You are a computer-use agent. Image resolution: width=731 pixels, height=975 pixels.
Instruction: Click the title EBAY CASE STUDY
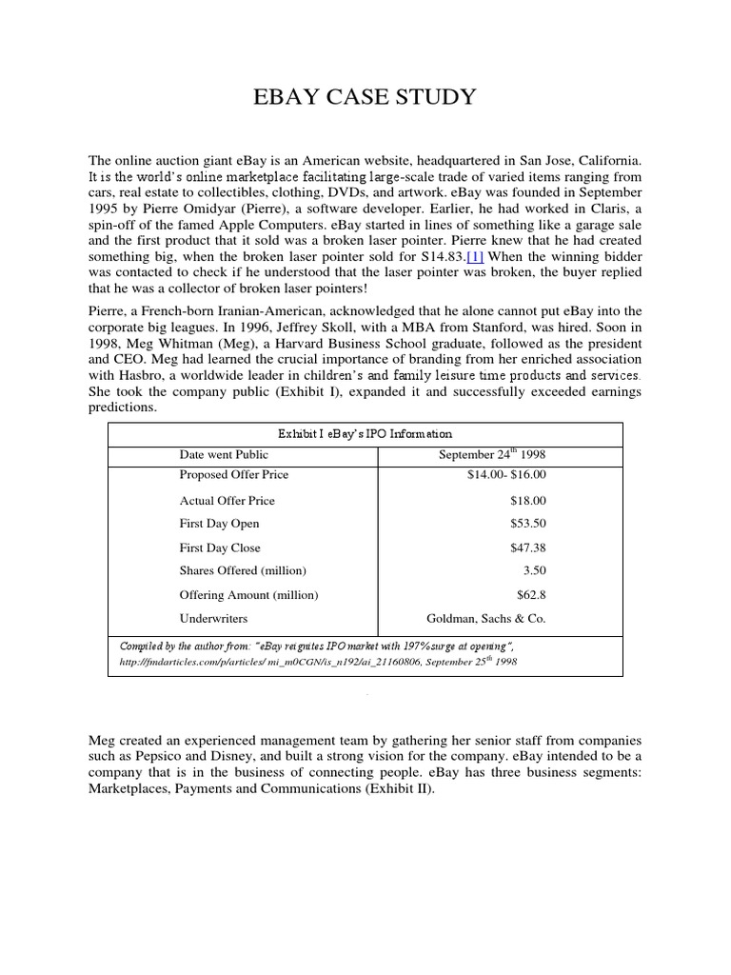click(x=365, y=98)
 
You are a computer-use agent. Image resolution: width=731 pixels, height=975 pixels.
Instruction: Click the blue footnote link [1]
click(x=476, y=257)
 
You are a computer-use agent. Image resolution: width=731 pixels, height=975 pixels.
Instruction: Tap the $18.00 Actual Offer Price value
click(x=528, y=500)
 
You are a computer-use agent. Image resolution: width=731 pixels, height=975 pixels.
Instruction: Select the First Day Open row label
click(x=219, y=524)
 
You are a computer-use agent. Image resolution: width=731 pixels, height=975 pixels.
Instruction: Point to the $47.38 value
click(x=528, y=547)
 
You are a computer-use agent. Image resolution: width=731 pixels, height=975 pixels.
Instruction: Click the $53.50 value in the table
click(x=528, y=524)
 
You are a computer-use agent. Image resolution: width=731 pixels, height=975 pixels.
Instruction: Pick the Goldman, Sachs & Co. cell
click(x=486, y=618)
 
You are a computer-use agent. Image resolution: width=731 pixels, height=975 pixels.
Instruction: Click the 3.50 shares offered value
click(x=534, y=570)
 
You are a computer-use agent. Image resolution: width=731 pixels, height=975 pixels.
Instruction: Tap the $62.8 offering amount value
click(x=530, y=594)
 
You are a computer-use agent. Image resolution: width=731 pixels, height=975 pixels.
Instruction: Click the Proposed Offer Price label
click(x=233, y=474)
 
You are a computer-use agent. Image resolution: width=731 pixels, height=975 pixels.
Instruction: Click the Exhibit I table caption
click(x=365, y=433)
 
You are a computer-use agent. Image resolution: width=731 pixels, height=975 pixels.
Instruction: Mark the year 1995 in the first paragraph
click(x=105, y=209)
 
